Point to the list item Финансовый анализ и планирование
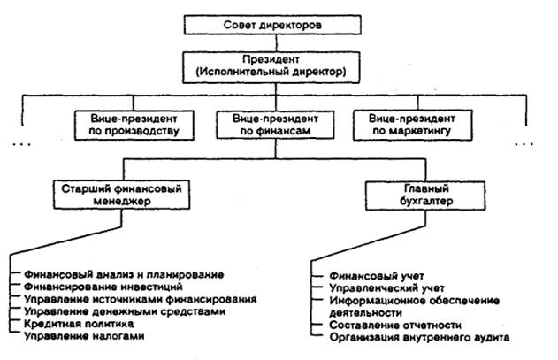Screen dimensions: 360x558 coord(123,275)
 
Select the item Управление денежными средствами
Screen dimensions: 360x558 coord(124,311)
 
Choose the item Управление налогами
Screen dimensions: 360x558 coord(85,336)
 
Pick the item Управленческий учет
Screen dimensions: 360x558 coord(380,287)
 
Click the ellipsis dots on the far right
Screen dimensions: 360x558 coord(526,142)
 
